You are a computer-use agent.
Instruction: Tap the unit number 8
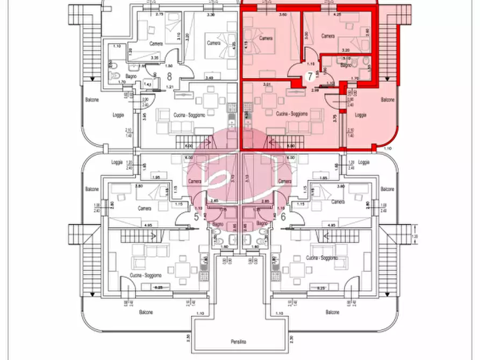coord(169,76)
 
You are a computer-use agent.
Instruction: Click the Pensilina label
coord(239,342)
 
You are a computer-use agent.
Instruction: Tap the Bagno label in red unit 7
coord(347,66)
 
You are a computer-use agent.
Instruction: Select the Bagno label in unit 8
coord(132,76)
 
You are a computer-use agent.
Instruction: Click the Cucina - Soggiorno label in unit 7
coord(292,114)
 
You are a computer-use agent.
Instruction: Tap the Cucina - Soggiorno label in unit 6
coord(323,258)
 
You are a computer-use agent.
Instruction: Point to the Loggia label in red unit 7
coord(361,114)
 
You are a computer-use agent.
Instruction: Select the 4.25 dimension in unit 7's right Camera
coord(338,15)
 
